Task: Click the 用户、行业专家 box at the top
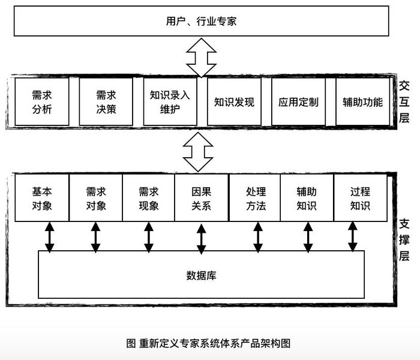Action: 201,21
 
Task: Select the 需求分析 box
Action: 42,102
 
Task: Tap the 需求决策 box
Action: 106,102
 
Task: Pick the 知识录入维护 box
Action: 170,102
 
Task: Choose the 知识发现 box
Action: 234,102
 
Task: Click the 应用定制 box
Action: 298,102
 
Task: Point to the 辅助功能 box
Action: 362,102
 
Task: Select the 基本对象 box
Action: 42,198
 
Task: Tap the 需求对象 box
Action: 96,198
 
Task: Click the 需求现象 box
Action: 149,198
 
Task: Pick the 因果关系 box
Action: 202,198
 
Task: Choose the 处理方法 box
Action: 255,198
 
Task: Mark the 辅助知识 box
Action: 307,198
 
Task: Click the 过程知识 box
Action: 361,198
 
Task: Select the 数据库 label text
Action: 201,275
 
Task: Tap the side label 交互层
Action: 404,102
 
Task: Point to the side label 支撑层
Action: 404,240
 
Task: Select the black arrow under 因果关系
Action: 202,239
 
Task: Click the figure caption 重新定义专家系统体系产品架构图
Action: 215,343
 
